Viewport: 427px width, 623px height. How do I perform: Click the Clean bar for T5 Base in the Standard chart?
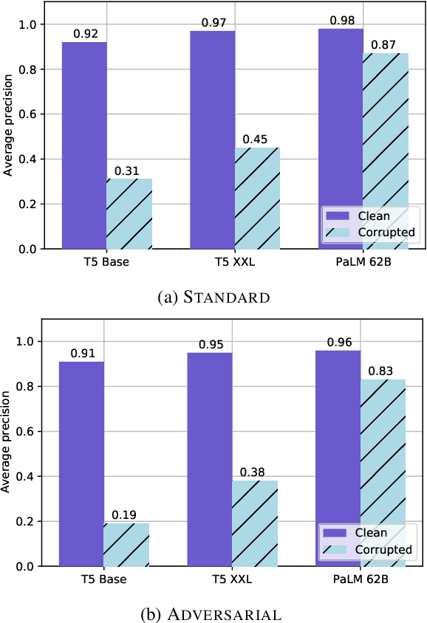pyautogui.click(x=84, y=145)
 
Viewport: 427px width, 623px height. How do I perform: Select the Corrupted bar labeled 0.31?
pyautogui.click(x=129, y=213)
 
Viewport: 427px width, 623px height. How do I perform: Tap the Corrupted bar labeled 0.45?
pyautogui.click(x=257, y=198)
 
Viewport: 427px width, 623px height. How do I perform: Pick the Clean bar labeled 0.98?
pyautogui.click(x=341, y=139)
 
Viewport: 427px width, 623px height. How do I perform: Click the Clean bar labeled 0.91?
pyautogui.click(x=81, y=464)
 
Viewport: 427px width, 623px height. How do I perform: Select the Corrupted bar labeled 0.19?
pyautogui.click(x=126, y=545)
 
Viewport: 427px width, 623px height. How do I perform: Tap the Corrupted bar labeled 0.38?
pyautogui.click(x=254, y=523)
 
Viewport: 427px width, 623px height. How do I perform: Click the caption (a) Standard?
pyautogui.click(x=213, y=297)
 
